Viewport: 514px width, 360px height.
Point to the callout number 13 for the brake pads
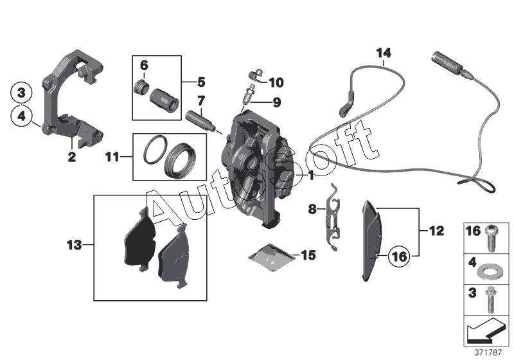click(75, 244)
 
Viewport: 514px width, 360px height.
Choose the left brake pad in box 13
click(138, 240)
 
